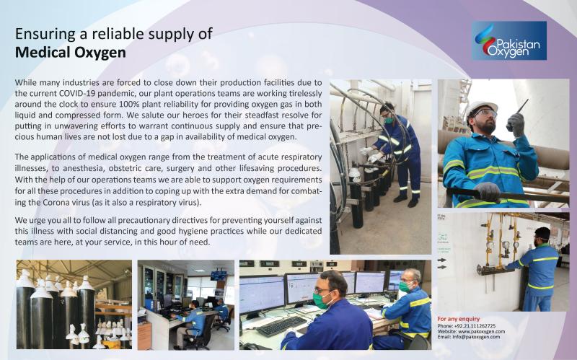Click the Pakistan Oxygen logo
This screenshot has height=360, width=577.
pyautogui.click(x=509, y=40)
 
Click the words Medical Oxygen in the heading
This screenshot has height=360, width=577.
pyautogui.click(x=70, y=52)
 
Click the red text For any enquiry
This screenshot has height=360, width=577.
pyautogui.click(x=459, y=319)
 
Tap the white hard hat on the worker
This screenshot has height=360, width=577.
pyautogui.click(x=481, y=108)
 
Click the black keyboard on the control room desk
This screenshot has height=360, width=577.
pyautogui.click(x=282, y=326)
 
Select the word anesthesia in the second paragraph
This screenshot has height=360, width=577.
pyautogui.click(x=83, y=168)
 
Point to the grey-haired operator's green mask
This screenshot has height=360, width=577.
pyautogui.click(x=405, y=286)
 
